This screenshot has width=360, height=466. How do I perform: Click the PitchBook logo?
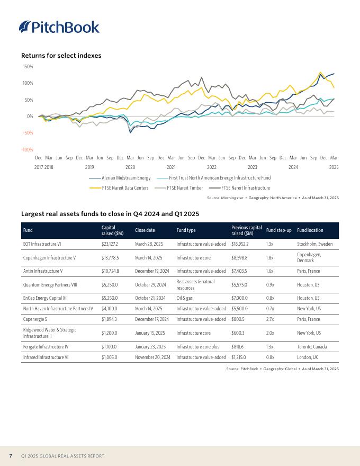point(59,27)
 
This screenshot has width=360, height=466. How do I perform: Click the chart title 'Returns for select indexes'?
point(61,56)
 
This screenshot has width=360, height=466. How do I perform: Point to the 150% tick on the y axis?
point(28,67)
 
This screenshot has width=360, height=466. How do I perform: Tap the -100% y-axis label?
point(28,150)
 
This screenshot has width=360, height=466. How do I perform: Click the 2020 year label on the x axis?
point(130,167)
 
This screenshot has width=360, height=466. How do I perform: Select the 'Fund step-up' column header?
point(278,230)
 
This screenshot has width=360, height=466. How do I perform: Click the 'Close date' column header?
point(145,230)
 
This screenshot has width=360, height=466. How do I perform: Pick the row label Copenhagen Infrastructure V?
point(49,258)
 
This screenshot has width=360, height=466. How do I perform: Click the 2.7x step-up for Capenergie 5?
point(269,319)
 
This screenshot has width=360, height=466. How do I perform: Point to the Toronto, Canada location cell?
point(312,347)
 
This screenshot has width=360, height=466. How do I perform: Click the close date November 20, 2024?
point(152,357)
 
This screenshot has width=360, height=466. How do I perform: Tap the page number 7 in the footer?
point(11,456)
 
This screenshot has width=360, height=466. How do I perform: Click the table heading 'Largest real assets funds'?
point(110,214)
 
